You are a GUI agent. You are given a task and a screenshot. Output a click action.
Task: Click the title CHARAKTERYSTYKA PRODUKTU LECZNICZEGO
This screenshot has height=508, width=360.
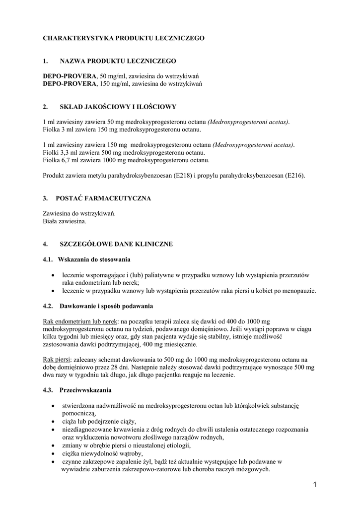(124, 38)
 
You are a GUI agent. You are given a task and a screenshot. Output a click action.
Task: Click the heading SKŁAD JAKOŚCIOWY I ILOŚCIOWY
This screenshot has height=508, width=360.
(118, 107)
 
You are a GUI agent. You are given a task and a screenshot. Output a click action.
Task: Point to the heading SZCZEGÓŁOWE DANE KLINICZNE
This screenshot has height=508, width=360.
(116, 245)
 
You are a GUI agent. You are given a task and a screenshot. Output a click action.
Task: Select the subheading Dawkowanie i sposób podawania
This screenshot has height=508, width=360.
(106, 306)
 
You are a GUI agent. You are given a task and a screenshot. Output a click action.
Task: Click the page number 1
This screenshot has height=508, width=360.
(315, 484)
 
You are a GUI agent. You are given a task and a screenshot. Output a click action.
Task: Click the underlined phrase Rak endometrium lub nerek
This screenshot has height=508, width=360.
(81, 321)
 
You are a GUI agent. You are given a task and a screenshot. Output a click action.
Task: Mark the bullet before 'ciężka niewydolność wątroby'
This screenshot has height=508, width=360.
(54, 453)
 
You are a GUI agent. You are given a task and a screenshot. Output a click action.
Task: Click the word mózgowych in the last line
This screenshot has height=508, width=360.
(253, 469)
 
